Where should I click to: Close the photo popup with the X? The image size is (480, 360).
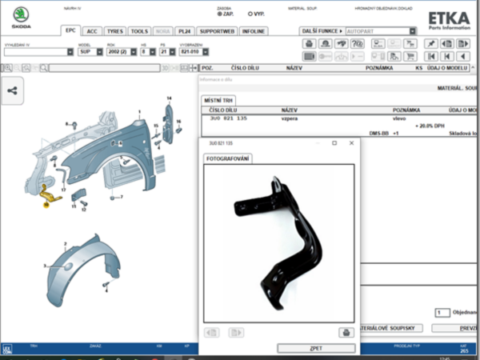[352, 143]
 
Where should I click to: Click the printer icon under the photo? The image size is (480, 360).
[346, 332]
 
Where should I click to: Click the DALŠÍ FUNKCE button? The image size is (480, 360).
[322, 30]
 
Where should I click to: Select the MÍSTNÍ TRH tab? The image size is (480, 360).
[218, 99]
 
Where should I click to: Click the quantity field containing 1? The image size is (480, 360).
[441, 312]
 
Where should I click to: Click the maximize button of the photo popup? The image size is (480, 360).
[334, 143]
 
